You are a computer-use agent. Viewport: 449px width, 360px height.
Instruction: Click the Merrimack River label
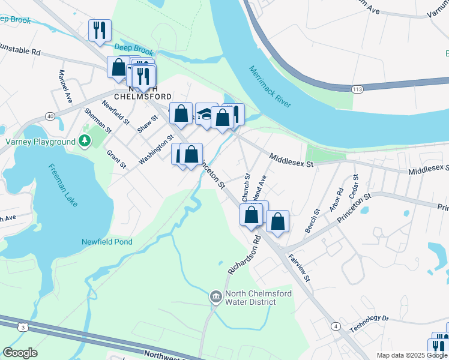tap(270, 87)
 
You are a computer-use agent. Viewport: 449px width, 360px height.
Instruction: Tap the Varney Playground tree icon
tap(85, 142)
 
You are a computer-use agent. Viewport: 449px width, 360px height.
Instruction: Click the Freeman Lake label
tap(64, 186)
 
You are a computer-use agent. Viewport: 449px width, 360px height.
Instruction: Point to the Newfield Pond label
tap(107, 242)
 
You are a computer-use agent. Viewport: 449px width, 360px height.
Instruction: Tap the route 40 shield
tap(50, 116)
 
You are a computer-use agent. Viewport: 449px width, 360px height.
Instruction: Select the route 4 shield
tap(336, 326)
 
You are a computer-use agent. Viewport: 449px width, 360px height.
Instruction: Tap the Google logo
tap(19, 353)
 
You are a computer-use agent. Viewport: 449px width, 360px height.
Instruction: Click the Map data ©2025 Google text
tap(411, 355)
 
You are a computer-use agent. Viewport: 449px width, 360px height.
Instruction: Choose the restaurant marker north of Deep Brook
tap(100, 31)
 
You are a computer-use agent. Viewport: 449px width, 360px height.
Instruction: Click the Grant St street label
tap(116, 158)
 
